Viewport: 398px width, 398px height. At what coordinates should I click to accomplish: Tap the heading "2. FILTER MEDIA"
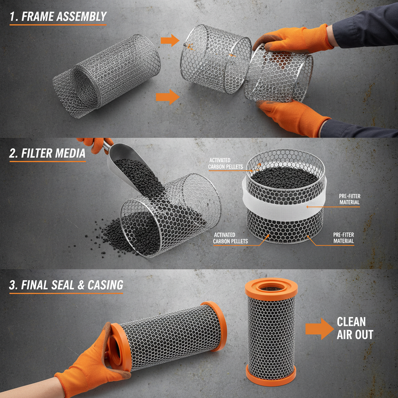47,153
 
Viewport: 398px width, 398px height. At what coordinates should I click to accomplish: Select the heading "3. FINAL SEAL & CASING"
66,285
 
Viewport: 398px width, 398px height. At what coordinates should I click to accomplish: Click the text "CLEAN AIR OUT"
354,328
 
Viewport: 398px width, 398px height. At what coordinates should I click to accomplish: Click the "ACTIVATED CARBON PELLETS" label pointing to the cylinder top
225,164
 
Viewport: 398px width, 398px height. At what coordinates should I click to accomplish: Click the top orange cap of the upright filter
271,288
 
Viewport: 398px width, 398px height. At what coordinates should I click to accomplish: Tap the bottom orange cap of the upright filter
271,373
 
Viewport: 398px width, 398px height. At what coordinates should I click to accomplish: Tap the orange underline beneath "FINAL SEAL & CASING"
66,293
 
